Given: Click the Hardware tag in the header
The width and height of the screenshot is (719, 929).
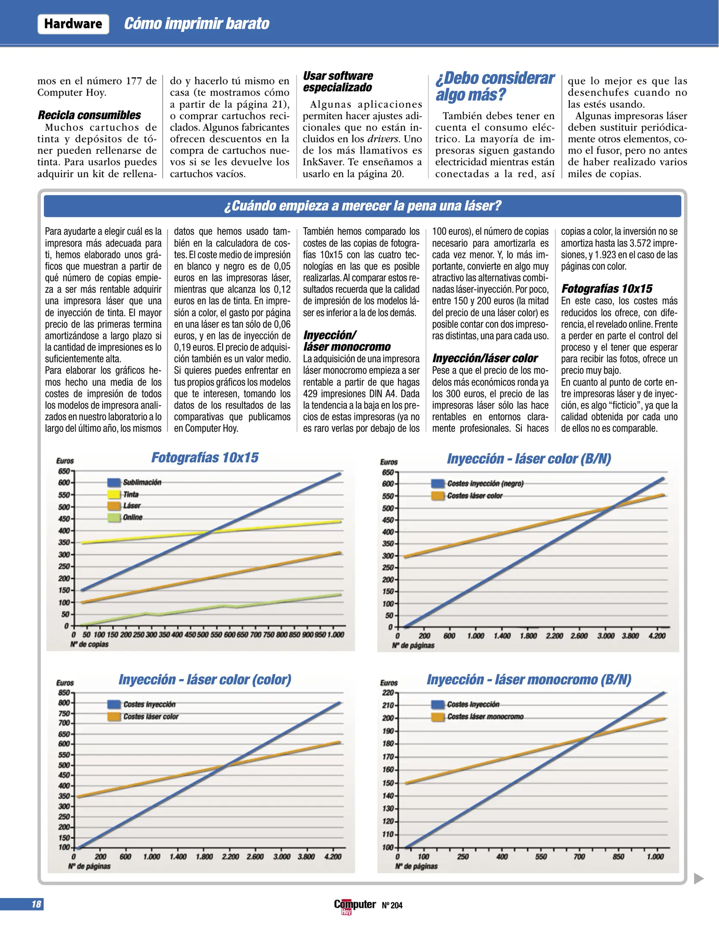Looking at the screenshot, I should pyautogui.click(x=73, y=24).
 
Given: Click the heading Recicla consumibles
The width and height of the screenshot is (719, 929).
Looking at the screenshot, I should pyautogui.click(x=89, y=115).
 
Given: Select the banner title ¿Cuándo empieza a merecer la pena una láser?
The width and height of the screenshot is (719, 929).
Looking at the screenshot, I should pyautogui.click(x=362, y=206).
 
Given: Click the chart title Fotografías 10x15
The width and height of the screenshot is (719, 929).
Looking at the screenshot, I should pyautogui.click(x=205, y=458).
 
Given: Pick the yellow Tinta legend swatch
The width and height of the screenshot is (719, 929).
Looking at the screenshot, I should pyautogui.click(x=114, y=494).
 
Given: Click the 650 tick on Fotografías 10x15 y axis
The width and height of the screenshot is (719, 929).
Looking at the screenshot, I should pyautogui.click(x=64, y=471).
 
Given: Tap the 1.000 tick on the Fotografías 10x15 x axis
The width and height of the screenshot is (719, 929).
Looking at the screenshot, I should pyautogui.click(x=336, y=635).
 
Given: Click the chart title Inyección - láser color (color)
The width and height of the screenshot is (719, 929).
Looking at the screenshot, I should pyautogui.click(x=205, y=680).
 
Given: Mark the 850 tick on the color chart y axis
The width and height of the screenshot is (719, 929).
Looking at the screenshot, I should pyautogui.click(x=64, y=692).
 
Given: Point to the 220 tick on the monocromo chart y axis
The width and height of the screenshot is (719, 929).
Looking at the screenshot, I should pyautogui.click(x=388, y=692).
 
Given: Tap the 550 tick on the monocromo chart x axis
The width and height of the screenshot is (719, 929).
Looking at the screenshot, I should pyautogui.click(x=541, y=857).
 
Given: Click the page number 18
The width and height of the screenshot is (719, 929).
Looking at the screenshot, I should pyautogui.click(x=36, y=904).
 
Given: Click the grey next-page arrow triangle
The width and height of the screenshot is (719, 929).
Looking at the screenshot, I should pyautogui.click(x=699, y=879).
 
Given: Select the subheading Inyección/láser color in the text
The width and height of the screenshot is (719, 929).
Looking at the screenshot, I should pyautogui.click(x=485, y=358).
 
